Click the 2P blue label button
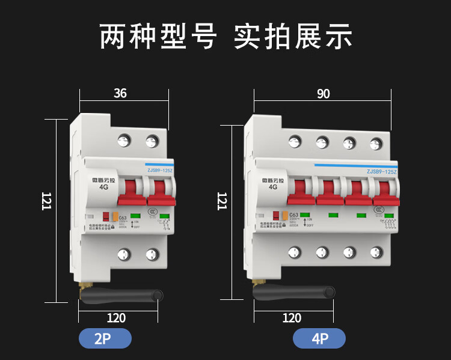coord(105,339)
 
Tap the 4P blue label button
coord(319,339)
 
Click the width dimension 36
coord(120,93)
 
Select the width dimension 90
coord(324,94)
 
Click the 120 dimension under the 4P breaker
coord(292,318)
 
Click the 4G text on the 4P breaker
coord(273,186)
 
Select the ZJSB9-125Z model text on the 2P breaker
coord(159,171)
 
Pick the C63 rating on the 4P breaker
coord(293,215)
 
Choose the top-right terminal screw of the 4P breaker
coord(376,143)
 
